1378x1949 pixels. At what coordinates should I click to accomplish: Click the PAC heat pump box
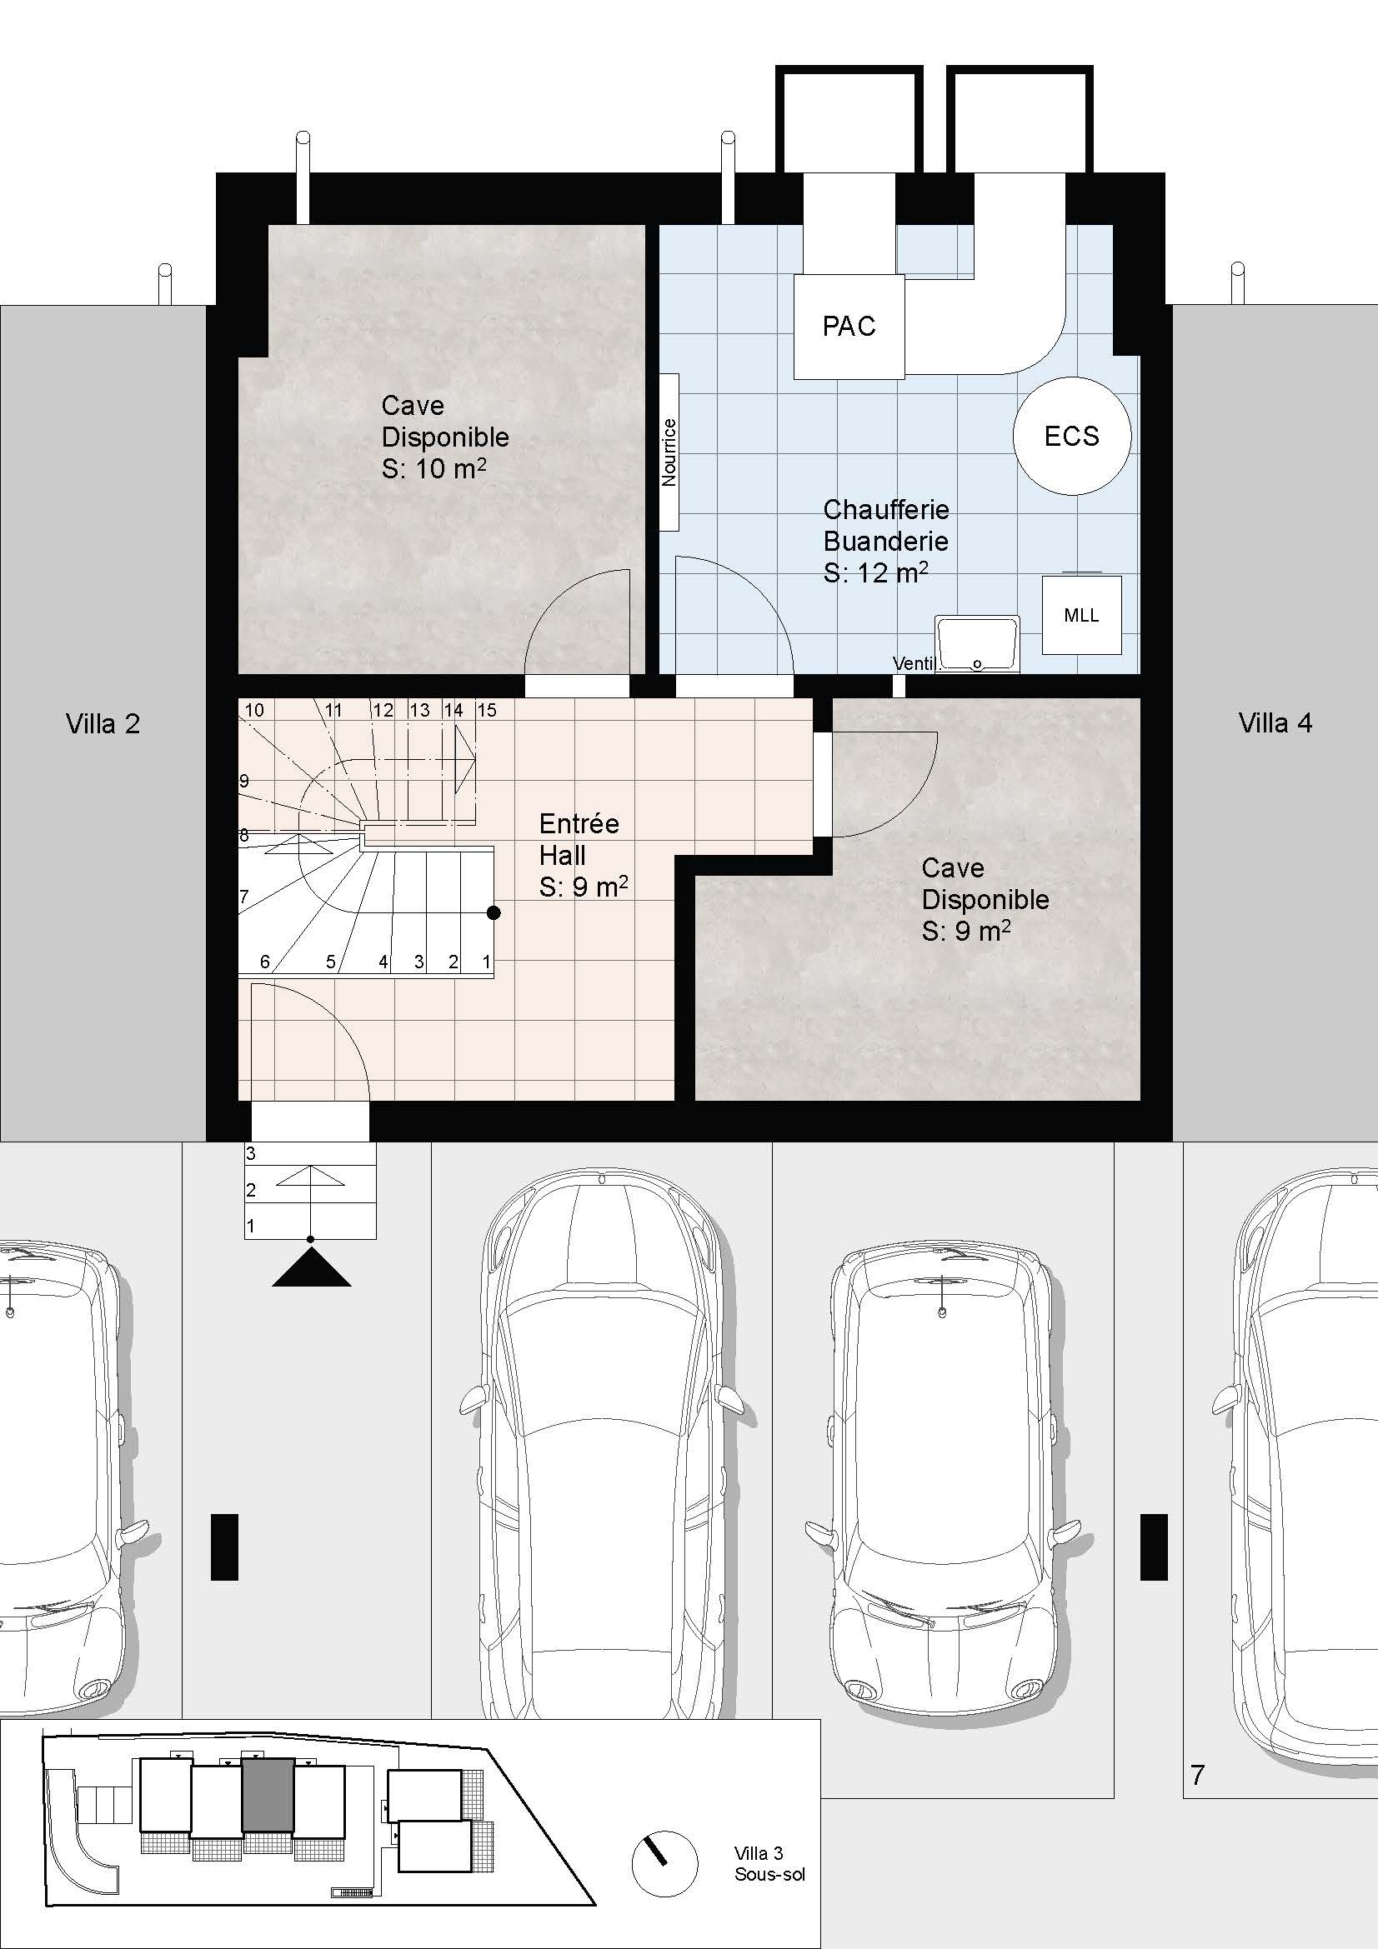849,326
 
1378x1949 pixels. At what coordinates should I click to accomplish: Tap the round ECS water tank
1071,436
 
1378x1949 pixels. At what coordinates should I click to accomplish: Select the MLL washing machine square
1081,615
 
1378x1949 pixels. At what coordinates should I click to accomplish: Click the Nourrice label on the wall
669,452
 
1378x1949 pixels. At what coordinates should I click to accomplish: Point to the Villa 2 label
103,723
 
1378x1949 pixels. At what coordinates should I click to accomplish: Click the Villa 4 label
1275,722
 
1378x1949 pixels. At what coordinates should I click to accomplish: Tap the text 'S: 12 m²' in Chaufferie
875,572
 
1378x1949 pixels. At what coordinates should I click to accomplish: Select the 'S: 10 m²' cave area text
433,467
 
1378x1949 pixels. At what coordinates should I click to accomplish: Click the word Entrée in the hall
579,822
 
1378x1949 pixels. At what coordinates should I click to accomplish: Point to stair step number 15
487,710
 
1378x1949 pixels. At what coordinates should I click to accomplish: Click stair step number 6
265,962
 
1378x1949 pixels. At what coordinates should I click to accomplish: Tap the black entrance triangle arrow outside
312,1270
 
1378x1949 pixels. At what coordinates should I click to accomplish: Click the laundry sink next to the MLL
976,644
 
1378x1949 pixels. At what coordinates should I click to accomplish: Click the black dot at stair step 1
494,912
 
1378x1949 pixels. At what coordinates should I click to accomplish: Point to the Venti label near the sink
913,664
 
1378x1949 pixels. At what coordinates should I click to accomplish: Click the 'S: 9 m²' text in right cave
966,932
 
